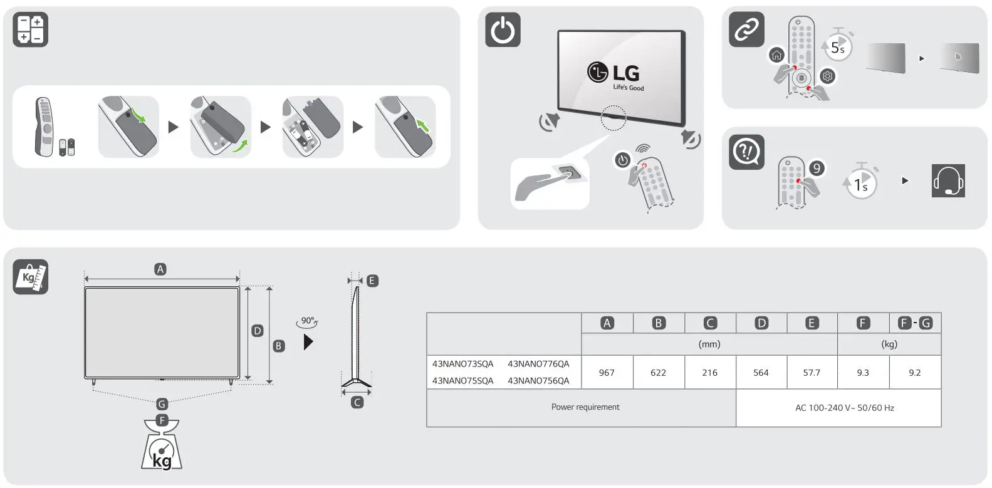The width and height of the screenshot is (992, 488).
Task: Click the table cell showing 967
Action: coord(607,373)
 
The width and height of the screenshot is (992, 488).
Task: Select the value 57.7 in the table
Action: coord(812,373)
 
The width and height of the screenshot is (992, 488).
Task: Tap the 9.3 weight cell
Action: coord(863,373)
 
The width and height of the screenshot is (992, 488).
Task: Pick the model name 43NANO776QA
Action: coord(538,364)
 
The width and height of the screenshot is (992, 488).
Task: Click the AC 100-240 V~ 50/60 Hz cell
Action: coord(844,408)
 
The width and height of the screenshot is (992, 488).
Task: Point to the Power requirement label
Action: coord(585,407)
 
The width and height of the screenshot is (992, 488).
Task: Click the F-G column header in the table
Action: coord(915,323)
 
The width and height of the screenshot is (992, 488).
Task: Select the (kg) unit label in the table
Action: coord(889,344)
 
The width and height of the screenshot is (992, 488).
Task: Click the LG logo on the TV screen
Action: coord(614,73)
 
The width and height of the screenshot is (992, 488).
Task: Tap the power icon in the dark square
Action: coord(503,29)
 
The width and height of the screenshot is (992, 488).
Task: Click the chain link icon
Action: coord(746,29)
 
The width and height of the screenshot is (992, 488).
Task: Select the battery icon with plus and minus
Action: coord(30,29)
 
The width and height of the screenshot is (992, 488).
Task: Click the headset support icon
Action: coord(948,181)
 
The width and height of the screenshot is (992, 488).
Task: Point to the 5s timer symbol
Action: coord(838,47)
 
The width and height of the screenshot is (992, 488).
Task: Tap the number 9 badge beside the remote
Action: coord(816,168)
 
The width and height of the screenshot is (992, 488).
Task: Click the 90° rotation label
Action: coord(307,321)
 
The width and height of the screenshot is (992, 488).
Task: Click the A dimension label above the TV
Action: coord(160,269)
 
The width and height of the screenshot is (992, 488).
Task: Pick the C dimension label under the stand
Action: coord(357,402)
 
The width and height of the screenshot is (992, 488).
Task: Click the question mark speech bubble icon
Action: coord(746,152)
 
